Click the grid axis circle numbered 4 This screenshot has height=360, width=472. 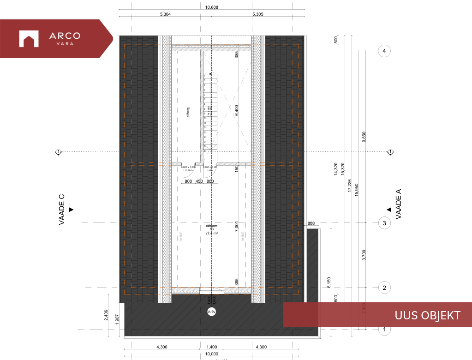click(x=384, y=51)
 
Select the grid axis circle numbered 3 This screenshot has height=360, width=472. click(x=384, y=223)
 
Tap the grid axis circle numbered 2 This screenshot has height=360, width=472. click(x=384, y=288)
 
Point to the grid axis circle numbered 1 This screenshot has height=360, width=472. click(x=384, y=330)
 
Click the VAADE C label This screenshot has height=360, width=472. click(x=62, y=210)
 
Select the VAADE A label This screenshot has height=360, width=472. click(x=399, y=204)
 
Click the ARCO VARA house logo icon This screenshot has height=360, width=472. click(x=28, y=39)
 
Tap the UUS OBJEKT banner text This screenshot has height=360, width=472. click(x=427, y=315)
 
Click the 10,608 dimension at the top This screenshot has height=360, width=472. click(x=211, y=7)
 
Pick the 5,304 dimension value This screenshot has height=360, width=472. click(x=165, y=14)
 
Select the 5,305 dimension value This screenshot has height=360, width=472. click(x=257, y=14)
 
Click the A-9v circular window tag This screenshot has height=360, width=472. click(x=212, y=312)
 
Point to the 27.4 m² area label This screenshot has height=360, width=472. click(x=212, y=234)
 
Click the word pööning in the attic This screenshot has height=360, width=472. click(x=189, y=113)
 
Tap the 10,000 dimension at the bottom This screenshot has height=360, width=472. click(x=211, y=354)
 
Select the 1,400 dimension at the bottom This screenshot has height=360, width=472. click(x=211, y=347)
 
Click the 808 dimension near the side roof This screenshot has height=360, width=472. click(x=311, y=224)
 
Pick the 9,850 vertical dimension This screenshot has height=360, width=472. click(x=364, y=137)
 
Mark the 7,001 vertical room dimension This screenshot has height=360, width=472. click(x=236, y=226)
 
